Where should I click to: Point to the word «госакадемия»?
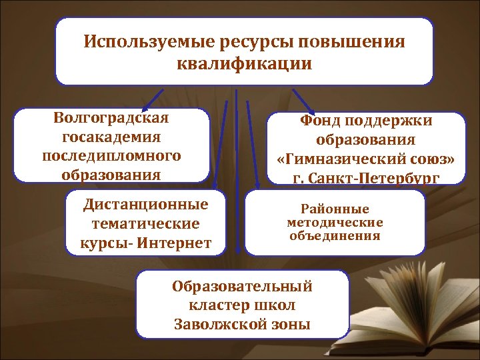[111, 137]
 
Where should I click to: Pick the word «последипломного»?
[111, 156]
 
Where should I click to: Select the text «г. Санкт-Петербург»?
[366, 178]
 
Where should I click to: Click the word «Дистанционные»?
[145, 204]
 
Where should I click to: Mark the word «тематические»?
[145, 224]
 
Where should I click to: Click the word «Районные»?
[335, 209]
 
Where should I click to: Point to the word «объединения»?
[335, 235]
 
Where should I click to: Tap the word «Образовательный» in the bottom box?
[242, 287]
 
